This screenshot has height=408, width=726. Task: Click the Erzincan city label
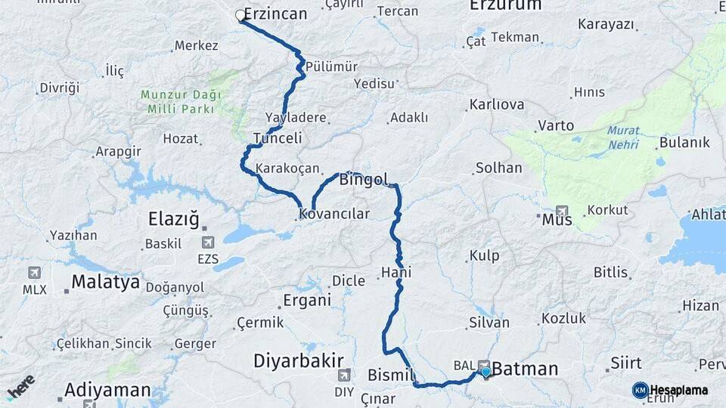(275, 14)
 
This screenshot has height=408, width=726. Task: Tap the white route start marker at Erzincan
(240, 15)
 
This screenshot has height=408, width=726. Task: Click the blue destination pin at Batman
(486, 372)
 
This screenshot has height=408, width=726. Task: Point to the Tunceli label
(278, 138)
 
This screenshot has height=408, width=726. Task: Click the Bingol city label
(363, 180)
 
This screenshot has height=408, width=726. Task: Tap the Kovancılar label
(334, 214)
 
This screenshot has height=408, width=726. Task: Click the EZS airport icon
(207, 243)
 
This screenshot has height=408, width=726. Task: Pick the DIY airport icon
(344, 376)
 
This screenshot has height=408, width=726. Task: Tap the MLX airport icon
(34, 273)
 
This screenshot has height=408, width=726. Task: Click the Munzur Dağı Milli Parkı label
(180, 101)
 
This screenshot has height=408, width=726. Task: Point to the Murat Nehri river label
(622, 136)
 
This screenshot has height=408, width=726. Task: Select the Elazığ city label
(173, 219)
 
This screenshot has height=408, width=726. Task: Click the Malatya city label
(105, 282)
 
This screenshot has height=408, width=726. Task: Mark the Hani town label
(396, 272)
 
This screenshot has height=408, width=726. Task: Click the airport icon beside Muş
(562, 211)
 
